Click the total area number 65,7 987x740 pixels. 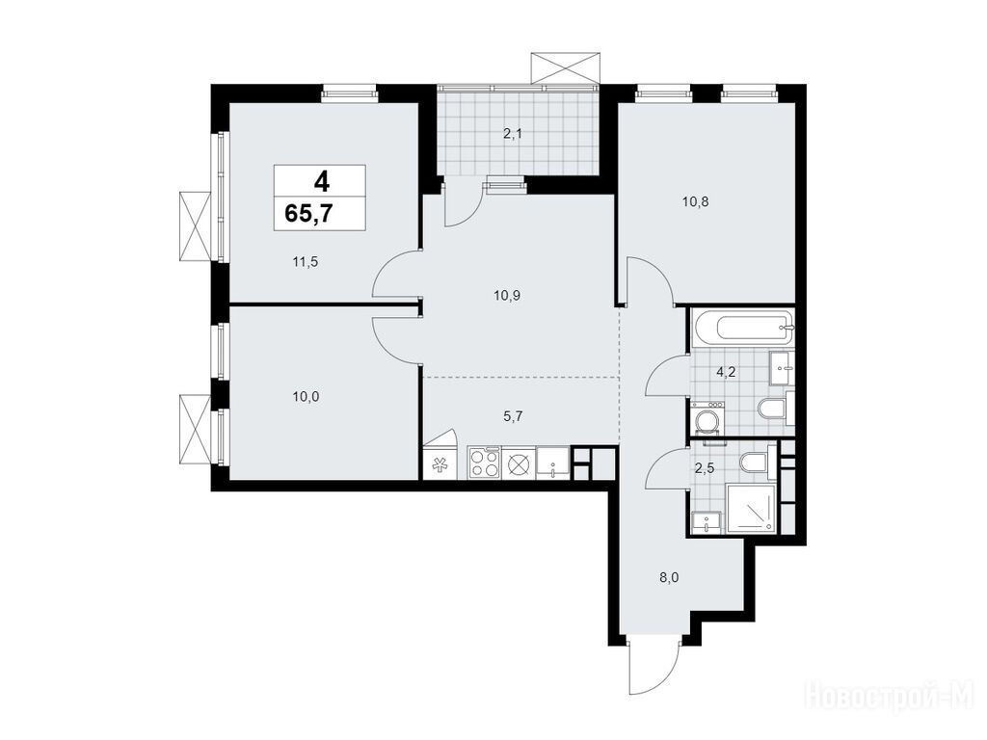(x=309, y=215)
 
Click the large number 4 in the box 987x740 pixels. (x=321, y=181)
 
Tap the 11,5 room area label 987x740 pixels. (x=305, y=261)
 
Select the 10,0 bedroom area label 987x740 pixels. (x=306, y=396)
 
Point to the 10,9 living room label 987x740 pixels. (x=507, y=295)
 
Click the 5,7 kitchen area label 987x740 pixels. (x=514, y=415)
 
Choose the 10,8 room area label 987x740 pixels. (x=696, y=202)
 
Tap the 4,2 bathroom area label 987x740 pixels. (x=726, y=371)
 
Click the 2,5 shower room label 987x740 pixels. (x=704, y=467)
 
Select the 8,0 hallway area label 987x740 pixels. (x=669, y=578)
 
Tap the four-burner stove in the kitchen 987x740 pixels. (x=484, y=463)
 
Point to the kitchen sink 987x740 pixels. (x=553, y=463)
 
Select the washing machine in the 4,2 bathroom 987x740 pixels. (x=707, y=418)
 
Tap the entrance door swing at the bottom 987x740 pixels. (x=654, y=667)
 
